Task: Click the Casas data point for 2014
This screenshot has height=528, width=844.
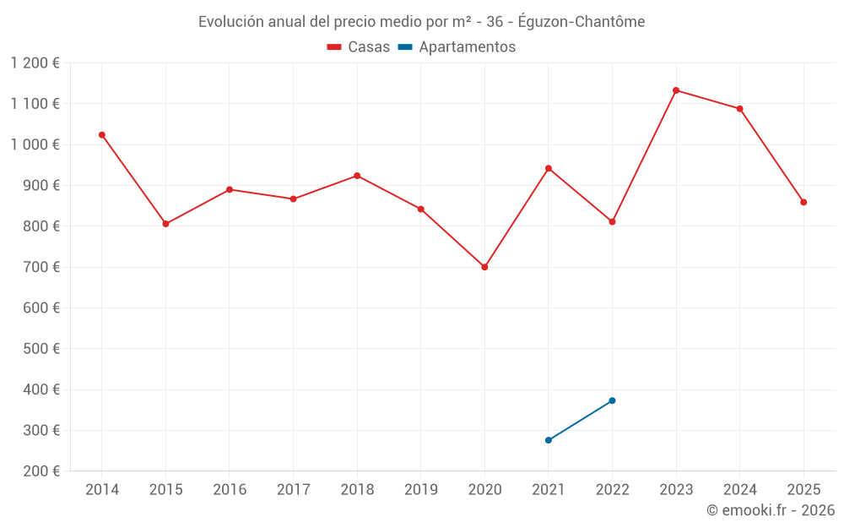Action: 102,135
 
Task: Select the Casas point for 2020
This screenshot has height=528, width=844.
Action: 484,267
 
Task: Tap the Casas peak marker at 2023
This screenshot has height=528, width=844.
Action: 676,90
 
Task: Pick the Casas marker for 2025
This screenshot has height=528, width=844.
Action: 803,202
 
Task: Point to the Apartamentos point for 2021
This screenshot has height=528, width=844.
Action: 549,440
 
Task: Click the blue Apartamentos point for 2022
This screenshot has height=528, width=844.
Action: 612,400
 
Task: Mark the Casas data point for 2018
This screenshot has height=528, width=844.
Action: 357,176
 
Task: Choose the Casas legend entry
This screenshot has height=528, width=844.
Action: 359,47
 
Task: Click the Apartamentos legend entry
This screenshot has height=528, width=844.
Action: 457,47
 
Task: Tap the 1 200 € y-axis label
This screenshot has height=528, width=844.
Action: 35,63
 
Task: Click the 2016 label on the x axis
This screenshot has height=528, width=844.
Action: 230,490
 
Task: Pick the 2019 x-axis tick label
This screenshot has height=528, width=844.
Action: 420,490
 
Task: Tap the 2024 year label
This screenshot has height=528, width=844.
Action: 739,490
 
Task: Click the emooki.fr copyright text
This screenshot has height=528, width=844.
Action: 771,510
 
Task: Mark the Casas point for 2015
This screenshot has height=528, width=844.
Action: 165,224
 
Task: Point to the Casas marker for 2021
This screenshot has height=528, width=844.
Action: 549,168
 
